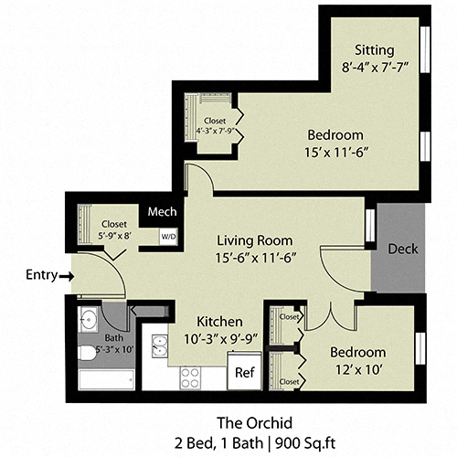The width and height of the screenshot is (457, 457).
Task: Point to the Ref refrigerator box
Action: pyautogui.click(x=244, y=372)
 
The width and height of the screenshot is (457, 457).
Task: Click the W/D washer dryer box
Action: pyautogui.click(x=168, y=235)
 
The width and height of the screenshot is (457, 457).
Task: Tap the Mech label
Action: pyautogui.click(x=162, y=211)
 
